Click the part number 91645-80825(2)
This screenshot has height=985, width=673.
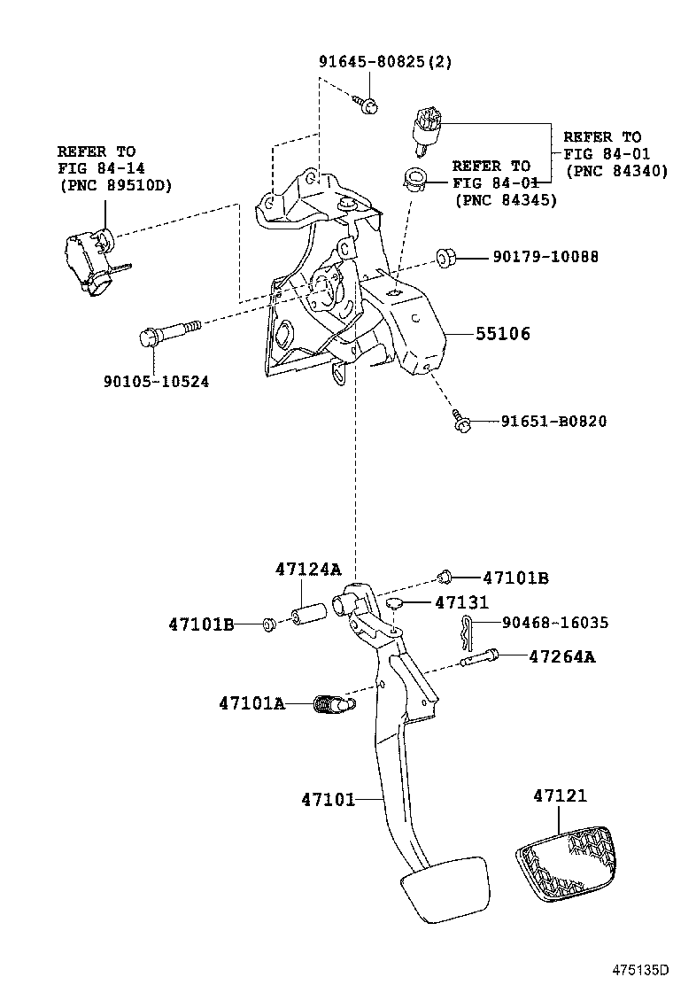point(384,62)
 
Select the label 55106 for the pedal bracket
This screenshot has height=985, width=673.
point(503,334)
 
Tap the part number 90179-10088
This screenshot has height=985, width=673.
point(545,257)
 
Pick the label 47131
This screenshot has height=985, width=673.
point(461,602)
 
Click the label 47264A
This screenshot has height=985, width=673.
point(561,656)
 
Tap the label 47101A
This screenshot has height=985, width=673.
point(251,704)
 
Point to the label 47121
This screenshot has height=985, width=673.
point(560,796)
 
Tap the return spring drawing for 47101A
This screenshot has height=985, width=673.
point(335,705)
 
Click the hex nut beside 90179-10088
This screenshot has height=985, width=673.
point(445,259)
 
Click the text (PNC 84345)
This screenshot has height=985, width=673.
point(506,200)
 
